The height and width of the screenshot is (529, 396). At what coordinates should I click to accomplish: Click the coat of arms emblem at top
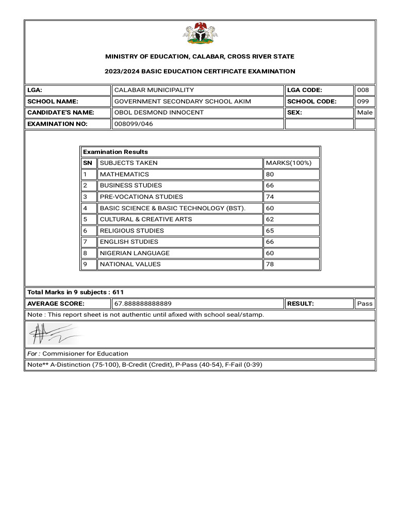point(200,34)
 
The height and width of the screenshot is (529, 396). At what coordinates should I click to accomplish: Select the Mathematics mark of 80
point(270,174)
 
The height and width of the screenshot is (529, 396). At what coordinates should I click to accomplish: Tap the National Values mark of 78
point(270,264)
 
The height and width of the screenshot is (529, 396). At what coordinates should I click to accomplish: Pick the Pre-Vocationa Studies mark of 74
point(270,197)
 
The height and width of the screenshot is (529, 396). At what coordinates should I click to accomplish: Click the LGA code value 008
point(363,90)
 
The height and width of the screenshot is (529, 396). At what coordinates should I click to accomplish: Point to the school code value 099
point(363,101)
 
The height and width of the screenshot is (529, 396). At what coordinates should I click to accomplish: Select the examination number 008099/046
point(134,124)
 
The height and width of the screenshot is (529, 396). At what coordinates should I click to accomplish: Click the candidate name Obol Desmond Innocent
point(159,113)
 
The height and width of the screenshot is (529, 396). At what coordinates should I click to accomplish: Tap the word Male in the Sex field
point(365,113)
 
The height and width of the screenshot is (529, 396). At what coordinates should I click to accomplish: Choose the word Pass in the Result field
point(365,304)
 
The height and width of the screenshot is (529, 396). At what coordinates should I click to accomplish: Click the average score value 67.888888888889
point(143,304)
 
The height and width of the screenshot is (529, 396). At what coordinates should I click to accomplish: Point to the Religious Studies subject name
point(132,230)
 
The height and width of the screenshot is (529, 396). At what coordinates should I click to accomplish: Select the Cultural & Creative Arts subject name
point(146,219)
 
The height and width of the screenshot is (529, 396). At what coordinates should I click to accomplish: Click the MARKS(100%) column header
point(289,163)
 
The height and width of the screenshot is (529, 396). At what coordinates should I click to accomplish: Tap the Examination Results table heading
point(115,152)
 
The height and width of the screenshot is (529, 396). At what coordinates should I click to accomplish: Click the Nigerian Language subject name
point(135,253)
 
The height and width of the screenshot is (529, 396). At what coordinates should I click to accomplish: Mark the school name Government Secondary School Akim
point(183,101)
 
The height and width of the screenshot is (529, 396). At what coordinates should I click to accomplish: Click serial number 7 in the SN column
point(85,242)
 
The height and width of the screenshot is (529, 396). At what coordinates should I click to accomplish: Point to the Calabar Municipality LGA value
point(154,90)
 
